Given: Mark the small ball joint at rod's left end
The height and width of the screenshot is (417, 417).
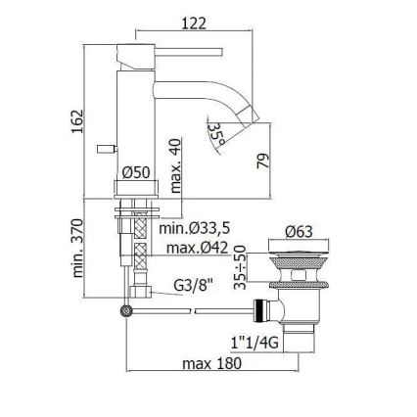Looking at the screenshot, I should pos(124,311).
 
